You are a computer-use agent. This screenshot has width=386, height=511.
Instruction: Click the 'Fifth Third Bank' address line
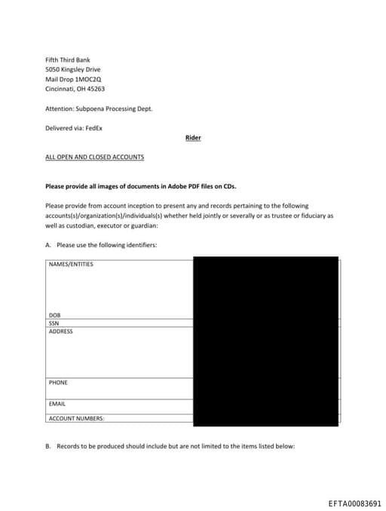[68, 60]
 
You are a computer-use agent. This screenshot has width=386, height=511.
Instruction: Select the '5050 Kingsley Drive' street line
[73, 69]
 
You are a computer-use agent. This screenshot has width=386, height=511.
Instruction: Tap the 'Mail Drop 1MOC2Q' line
[73, 78]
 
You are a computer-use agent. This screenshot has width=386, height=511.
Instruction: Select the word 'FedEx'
[93, 128]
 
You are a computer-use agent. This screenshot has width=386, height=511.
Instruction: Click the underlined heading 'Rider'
[193, 138]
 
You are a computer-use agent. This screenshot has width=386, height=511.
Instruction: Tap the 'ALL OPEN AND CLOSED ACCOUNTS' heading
[94, 157]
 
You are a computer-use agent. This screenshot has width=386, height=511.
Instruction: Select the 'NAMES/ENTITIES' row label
[71, 265]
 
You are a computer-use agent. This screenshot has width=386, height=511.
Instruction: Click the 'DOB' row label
[54, 315]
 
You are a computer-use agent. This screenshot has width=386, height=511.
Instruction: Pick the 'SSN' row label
[54, 323]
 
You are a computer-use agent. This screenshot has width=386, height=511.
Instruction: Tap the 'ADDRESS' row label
[60, 332]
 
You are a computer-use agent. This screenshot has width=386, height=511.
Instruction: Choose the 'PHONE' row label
[58, 383]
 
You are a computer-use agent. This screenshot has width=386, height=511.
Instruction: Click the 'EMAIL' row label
[57, 404]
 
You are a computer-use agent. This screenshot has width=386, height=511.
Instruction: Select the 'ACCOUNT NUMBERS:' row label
[76, 418]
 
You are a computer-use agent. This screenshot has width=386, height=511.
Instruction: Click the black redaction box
[265, 341]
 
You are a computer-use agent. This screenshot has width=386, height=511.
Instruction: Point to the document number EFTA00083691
[355, 503]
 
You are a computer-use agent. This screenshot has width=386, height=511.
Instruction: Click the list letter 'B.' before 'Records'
[48, 446]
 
